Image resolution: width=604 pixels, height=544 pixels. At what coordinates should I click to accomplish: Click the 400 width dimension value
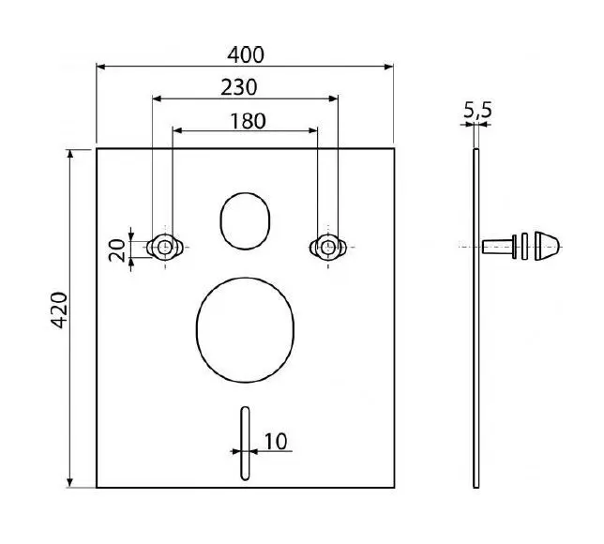(x=245, y=54)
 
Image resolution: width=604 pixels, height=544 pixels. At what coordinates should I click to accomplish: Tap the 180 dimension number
(x=246, y=120)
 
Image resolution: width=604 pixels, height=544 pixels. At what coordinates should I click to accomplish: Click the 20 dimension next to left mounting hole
(x=117, y=249)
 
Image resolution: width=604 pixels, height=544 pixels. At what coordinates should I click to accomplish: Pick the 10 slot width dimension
(x=276, y=439)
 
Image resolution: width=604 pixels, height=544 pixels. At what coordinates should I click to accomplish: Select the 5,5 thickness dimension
(x=477, y=112)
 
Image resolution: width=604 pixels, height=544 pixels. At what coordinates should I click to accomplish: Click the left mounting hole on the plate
(x=164, y=247)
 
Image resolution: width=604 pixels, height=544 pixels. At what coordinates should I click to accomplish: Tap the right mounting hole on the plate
(x=326, y=247)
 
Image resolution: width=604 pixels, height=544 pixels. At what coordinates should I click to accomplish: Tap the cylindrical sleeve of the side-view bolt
(x=498, y=248)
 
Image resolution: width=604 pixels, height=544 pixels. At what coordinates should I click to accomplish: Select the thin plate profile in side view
(x=476, y=319)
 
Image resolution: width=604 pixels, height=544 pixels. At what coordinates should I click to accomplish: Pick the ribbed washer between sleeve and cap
(x=523, y=248)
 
